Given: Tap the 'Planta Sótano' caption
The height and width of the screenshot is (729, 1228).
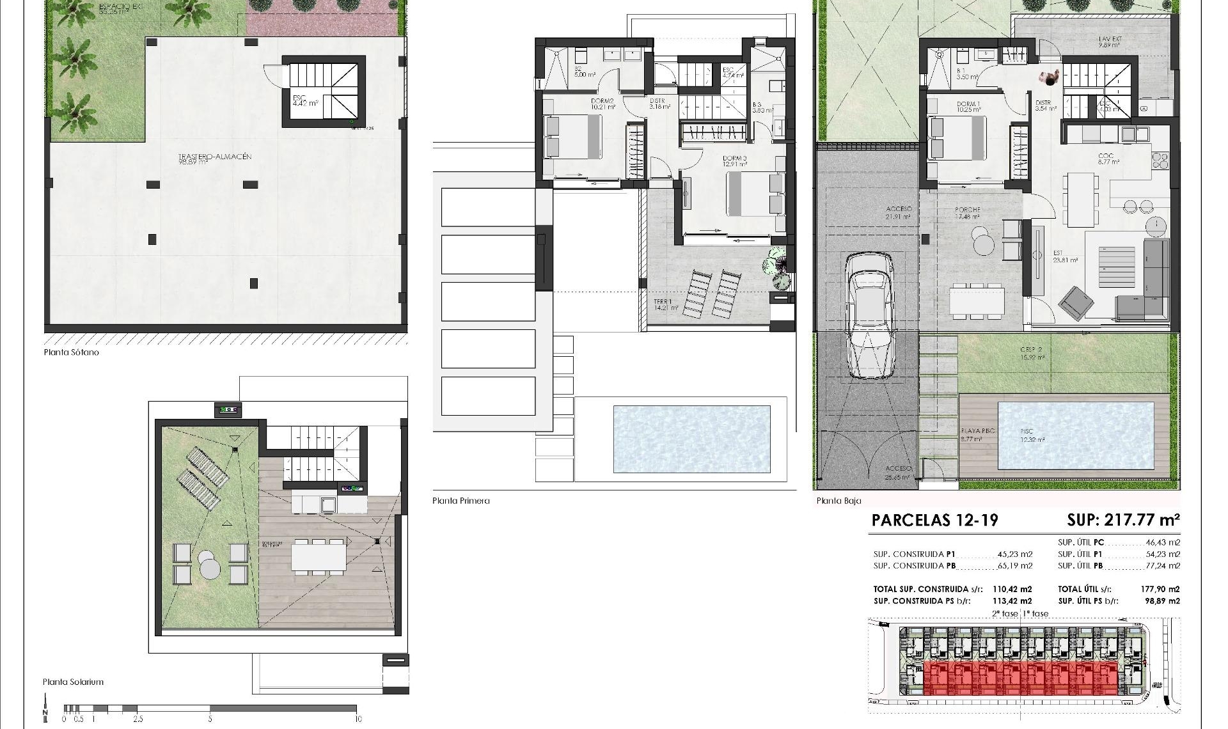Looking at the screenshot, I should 72,352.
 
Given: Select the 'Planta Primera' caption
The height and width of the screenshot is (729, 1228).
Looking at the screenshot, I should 460,501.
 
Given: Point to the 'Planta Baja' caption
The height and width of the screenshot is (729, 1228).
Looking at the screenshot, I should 838,501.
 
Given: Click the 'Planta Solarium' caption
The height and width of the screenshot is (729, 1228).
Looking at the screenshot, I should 73,682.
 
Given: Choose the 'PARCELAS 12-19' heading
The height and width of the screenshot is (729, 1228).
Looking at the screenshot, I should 934,521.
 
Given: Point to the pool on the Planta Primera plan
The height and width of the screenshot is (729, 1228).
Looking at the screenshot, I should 691,439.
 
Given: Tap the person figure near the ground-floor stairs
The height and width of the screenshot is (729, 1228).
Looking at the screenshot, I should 1049,79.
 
